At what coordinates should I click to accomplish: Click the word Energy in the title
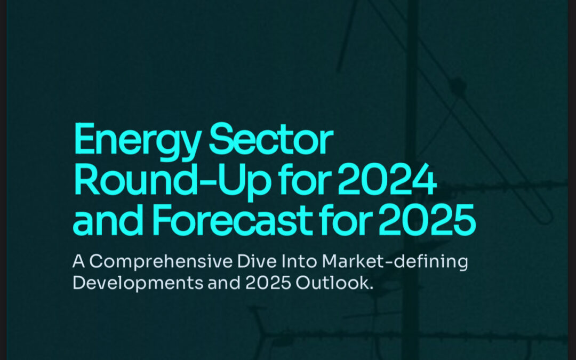(x=138, y=141)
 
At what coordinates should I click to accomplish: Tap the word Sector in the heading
(x=271, y=139)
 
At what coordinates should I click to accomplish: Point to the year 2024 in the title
(x=387, y=180)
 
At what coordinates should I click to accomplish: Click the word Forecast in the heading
(x=232, y=219)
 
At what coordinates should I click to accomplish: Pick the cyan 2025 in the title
(x=427, y=219)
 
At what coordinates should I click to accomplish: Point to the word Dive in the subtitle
(x=257, y=261)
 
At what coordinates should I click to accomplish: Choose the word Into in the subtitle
(x=299, y=261)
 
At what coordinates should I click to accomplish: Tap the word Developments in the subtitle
(x=138, y=283)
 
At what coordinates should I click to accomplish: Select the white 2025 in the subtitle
(x=268, y=283)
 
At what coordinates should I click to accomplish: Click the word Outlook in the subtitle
(x=334, y=283)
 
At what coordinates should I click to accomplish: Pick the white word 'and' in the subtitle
(x=224, y=283)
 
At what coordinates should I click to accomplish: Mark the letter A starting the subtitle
(x=79, y=261)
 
